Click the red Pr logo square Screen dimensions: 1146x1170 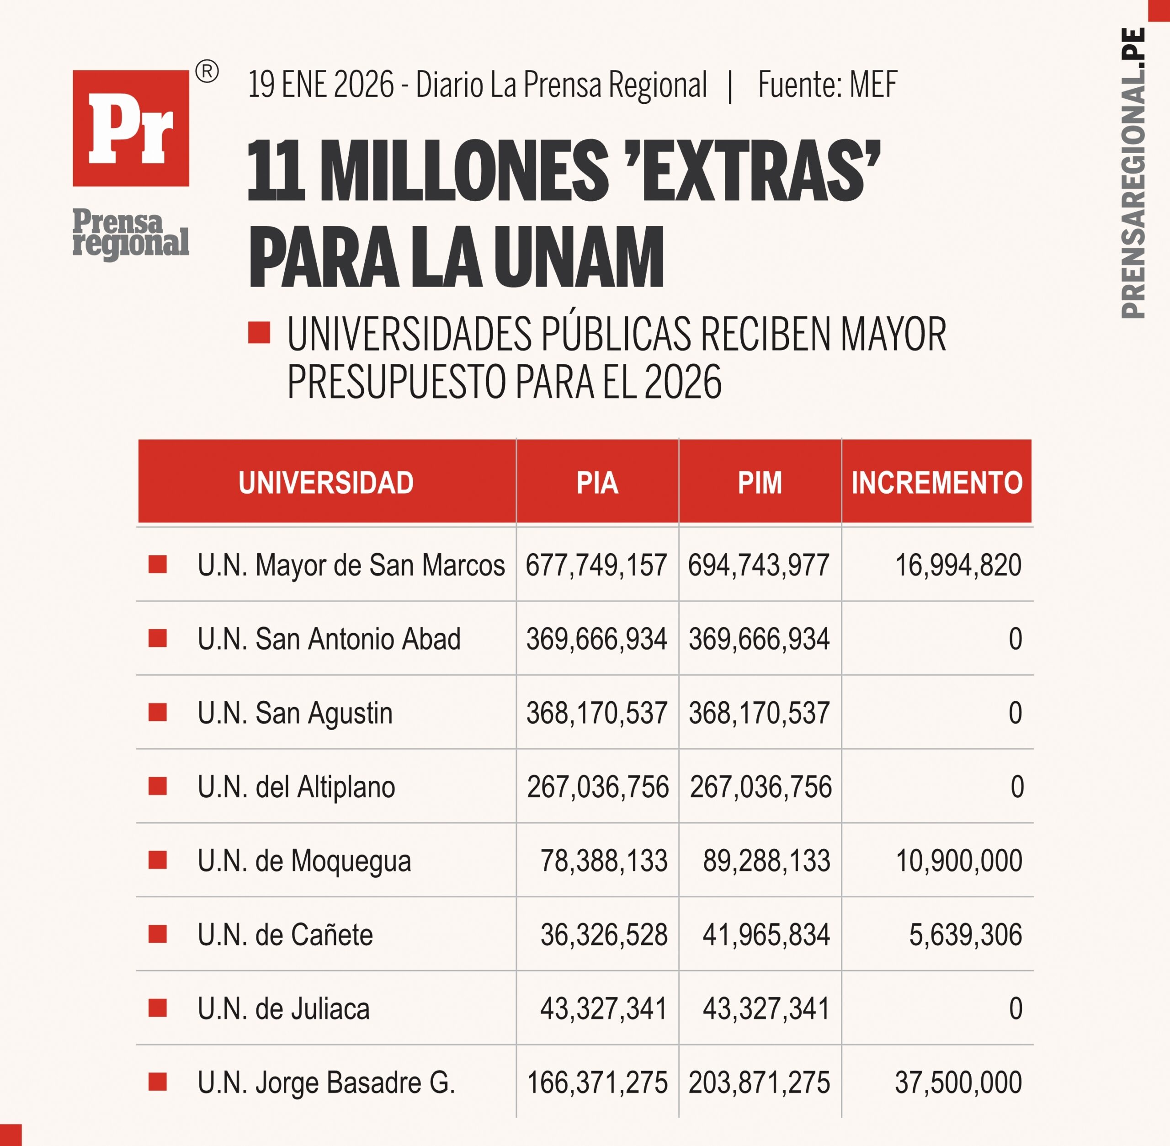point(131,128)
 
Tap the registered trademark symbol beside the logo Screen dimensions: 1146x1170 point(207,72)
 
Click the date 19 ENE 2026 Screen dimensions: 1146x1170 point(321,85)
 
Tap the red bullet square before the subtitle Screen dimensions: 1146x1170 point(259,332)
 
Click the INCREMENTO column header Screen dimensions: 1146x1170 point(936,483)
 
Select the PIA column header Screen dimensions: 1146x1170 point(597,483)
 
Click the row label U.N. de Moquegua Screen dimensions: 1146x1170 point(304,861)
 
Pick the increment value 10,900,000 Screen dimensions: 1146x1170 point(959,861)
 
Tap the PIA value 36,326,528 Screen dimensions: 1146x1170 point(604,935)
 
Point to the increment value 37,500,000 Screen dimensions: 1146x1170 point(958,1082)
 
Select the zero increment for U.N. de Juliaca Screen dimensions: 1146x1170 point(1016,1009)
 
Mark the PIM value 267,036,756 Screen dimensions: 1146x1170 point(760,787)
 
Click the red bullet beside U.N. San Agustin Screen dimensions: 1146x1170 point(158,713)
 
